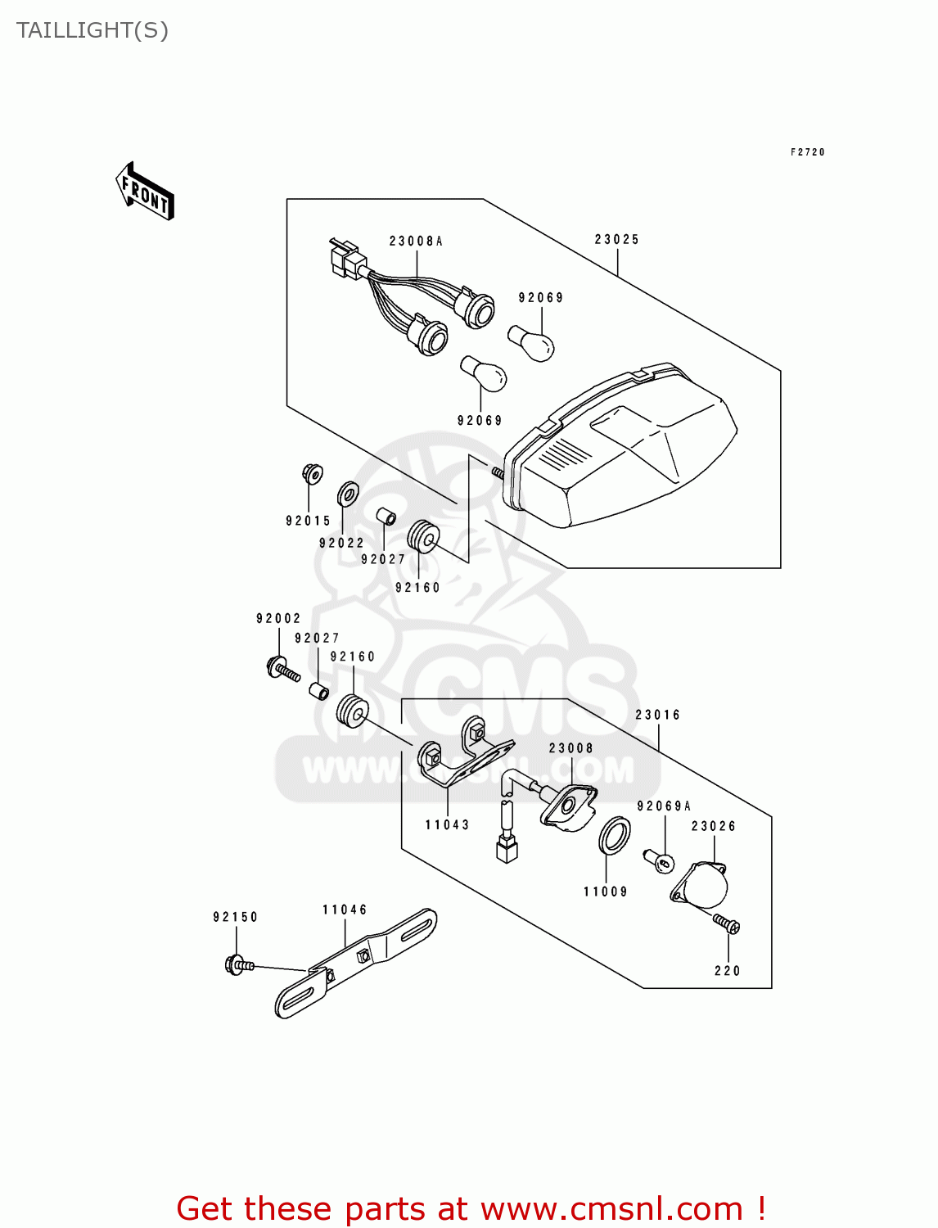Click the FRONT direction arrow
point(146,192)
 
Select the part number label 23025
point(616,240)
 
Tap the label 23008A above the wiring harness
point(416,242)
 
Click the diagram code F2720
point(807,152)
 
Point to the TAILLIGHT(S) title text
point(92,30)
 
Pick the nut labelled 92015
point(312,473)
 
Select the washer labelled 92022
point(348,494)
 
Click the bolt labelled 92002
point(282,670)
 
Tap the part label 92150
point(236,917)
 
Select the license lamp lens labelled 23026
point(701,884)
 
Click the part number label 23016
point(657,715)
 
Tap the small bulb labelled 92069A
point(659,860)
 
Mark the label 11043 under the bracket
point(447,825)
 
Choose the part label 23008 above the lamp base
point(570,748)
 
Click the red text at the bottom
point(471,1208)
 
